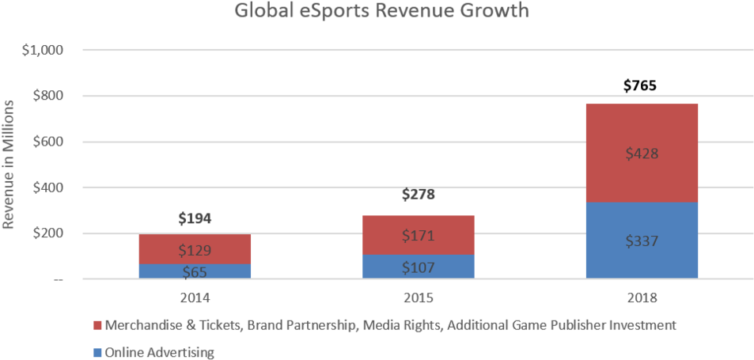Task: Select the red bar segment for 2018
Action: tap(642, 153)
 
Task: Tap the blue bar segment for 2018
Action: tap(642, 241)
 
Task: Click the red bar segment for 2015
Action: tap(418, 235)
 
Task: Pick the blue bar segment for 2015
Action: tap(418, 267)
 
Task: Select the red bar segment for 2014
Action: tap(195, 249)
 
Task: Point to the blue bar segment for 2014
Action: tap(195, 271)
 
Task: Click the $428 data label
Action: tap(642, 153)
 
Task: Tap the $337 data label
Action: tap(642, 241)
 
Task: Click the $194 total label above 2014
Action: tap(195, 219)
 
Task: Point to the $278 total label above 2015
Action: tap(418, 195)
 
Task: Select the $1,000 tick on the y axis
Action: tap(44, 51)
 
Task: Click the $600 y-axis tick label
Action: tap(48, 142)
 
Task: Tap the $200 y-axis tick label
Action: tap(48, 234)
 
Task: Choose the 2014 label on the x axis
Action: tap(195, 299)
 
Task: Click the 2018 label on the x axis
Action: tap(642, 299)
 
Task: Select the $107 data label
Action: tap(418, 267)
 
